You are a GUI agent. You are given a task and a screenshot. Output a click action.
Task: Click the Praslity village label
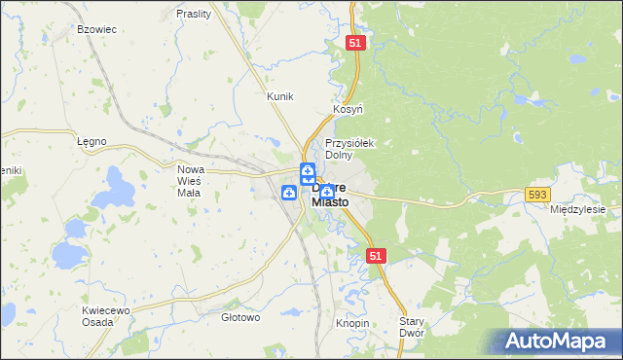195,14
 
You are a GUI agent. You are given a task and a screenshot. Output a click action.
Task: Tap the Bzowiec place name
96,29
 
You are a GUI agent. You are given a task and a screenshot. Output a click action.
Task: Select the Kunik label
280,96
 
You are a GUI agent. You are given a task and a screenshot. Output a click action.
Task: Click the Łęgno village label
91,141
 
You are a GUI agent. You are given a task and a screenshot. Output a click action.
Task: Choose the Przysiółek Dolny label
349,148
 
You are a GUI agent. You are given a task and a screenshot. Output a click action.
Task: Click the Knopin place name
352,322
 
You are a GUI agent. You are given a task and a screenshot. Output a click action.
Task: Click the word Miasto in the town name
329,202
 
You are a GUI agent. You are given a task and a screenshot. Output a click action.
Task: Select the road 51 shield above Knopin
378,255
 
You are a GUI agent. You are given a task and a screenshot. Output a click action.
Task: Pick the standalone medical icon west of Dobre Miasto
290,194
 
